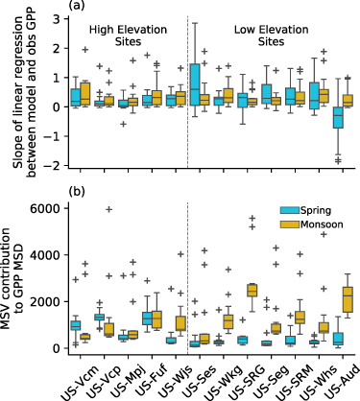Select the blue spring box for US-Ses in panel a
click(x=196, y=87)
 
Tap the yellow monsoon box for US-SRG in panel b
click(x=252, y=290)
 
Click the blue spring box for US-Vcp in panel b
click(x=99, y=316)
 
